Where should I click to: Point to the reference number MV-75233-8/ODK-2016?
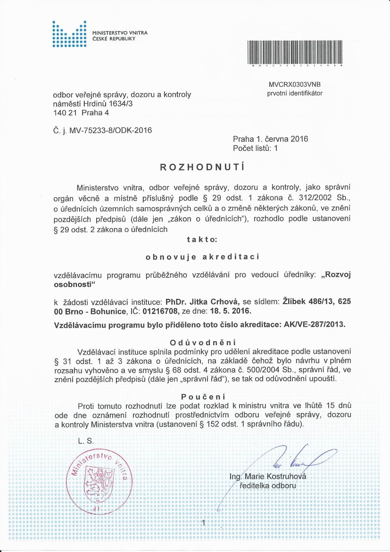click(110, 130)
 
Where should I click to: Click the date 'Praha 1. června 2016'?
click(270, 139)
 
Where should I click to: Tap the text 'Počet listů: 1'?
click(256, 148)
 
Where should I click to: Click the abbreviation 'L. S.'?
click(87, 441)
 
